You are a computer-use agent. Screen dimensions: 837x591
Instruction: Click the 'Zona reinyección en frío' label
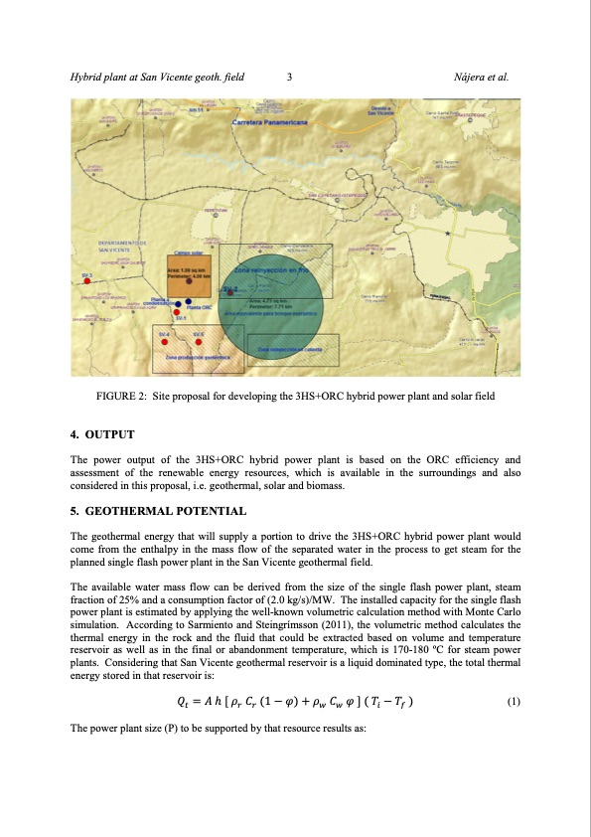(273, 269)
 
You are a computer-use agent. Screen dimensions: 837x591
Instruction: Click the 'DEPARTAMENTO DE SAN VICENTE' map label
(123, 246)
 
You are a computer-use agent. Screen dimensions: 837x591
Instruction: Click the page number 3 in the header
(288, 77)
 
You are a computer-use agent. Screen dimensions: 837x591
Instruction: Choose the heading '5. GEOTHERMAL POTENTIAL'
(158, 511)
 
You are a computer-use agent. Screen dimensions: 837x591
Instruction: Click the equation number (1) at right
(514, 701)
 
